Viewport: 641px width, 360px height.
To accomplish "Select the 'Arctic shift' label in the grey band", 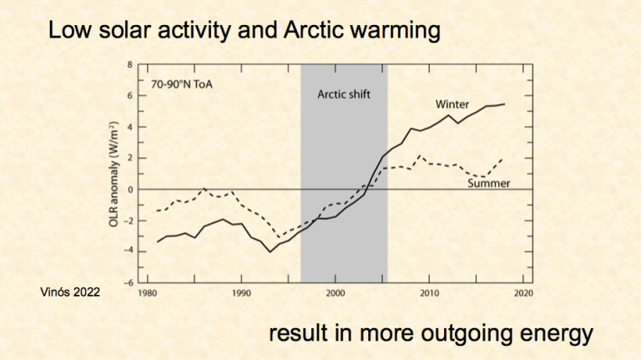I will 343,94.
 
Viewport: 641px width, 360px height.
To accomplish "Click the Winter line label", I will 452,104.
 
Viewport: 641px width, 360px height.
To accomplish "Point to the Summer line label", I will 488,183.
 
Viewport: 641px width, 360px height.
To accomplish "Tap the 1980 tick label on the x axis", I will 147,293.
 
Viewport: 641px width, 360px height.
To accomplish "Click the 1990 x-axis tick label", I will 241,293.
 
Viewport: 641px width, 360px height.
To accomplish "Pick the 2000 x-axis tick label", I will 335,293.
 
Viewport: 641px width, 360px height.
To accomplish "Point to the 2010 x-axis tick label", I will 429,293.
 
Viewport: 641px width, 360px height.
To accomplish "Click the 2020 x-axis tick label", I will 522,293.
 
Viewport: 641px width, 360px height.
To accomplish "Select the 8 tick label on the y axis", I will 130,64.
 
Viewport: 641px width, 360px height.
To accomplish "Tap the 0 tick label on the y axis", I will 130,190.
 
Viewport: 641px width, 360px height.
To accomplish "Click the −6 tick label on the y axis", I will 129,282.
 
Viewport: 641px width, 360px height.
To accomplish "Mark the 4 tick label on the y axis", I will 130,127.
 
